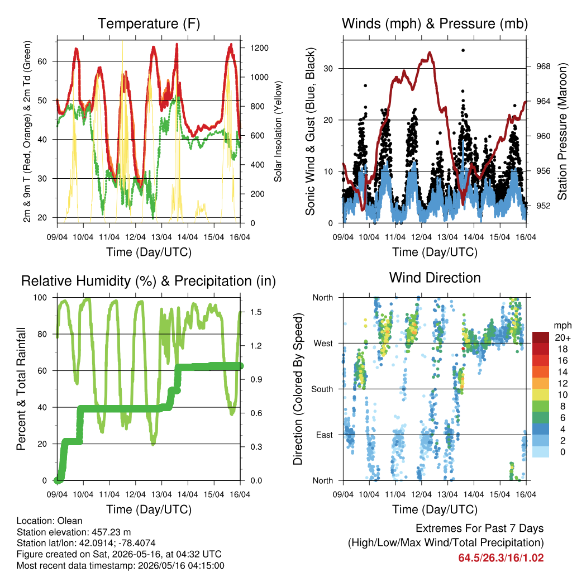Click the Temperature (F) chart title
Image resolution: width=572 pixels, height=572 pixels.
tap(149, 23)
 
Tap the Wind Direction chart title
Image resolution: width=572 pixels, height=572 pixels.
tap(435, 278)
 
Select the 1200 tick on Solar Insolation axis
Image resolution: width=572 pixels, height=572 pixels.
tap(259, 48)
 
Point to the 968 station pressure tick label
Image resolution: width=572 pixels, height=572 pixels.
tap(543, 66)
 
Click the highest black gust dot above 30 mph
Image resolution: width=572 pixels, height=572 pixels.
tap(463, 50)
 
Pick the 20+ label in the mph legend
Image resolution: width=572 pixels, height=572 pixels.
tap(563, 338)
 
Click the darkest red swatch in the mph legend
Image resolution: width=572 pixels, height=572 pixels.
tap(541, 337)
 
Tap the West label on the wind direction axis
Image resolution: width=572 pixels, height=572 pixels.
tap(323, 344)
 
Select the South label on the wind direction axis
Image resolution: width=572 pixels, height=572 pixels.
tap(322, 389)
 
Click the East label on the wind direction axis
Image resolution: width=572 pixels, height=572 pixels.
tap(325, 435)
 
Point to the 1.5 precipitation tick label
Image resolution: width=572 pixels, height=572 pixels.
tap(256, 312)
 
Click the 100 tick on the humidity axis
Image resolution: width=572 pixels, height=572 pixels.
tap(40, 297)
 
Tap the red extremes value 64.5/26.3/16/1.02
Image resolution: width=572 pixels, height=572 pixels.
tap(501, 558)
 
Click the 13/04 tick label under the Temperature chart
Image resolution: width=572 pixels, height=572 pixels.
tap(161, 237)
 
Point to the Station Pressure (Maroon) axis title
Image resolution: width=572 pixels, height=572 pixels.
tap(563, 131)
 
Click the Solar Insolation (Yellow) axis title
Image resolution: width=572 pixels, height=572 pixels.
tap(278, 131)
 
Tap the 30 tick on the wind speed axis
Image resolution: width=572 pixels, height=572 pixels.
tap(328, 69)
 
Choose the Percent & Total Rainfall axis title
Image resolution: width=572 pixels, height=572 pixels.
tap(21, 389)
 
